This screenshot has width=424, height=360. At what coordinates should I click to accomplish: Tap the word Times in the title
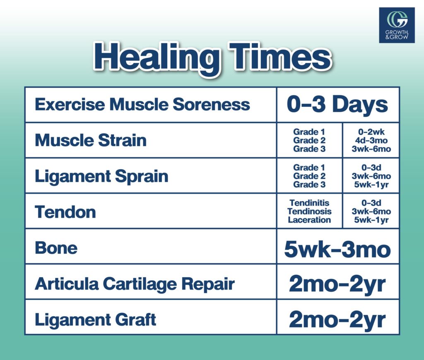[x=280, y=56]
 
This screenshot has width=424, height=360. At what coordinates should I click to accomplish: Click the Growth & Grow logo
[x=397, y=25]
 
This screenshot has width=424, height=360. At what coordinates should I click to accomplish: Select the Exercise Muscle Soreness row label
[x=142, y=104]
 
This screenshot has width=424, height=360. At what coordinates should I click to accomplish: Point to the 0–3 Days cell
[x=337, y=104]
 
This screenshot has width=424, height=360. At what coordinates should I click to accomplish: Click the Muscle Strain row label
[x=91, y=140]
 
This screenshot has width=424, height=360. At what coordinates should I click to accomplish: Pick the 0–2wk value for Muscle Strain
[x=371, y=132]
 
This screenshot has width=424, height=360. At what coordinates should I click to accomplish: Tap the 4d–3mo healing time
[x=371, y=140]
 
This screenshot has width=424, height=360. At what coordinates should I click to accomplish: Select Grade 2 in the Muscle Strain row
[x=309, y=140]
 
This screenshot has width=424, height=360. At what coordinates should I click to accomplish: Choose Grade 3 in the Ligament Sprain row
[x=309, y=185]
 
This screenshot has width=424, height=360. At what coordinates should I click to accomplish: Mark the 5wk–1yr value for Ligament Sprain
[x=371, y=185]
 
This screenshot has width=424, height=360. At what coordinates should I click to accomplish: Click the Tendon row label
[x=65, y=212]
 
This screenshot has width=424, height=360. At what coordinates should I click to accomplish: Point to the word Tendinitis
[x=309, y=203]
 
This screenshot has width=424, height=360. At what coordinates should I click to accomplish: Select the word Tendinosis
[x=309, y=211]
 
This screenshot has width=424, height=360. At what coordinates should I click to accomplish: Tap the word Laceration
[x=309, y=220]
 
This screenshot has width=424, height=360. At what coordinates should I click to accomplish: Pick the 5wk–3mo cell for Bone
[x=337, y=250]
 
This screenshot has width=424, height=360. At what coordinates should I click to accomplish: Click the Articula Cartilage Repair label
[x=135, y=284]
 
